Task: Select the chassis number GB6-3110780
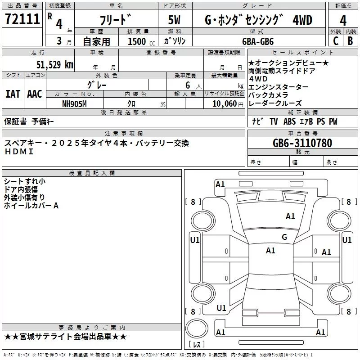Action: (302, 143)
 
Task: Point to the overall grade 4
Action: (343, 20)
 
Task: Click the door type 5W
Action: (175, 20)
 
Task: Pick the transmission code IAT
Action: (13, 94)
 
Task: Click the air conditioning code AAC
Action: (34, 94)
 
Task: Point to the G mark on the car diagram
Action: (284, 237)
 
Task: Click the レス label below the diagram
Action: (197, 345)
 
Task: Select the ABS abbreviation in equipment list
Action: (289, 121)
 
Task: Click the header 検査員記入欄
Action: (92, 173)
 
